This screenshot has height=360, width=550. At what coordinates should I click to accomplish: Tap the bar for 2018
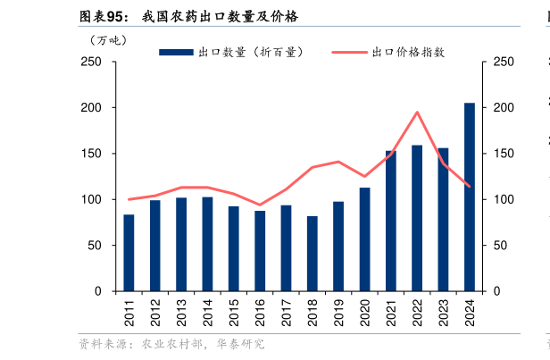tap(312, 254)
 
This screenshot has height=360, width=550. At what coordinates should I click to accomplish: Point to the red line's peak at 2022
tap(417, 113)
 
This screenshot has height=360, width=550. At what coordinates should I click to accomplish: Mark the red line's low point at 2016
tap(260, 205)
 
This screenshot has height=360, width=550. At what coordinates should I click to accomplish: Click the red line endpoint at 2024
tap(469, 187)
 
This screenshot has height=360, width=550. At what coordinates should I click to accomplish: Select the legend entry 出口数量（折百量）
tap(232, 52)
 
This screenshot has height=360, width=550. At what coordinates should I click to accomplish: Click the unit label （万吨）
tap(109, 40)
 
